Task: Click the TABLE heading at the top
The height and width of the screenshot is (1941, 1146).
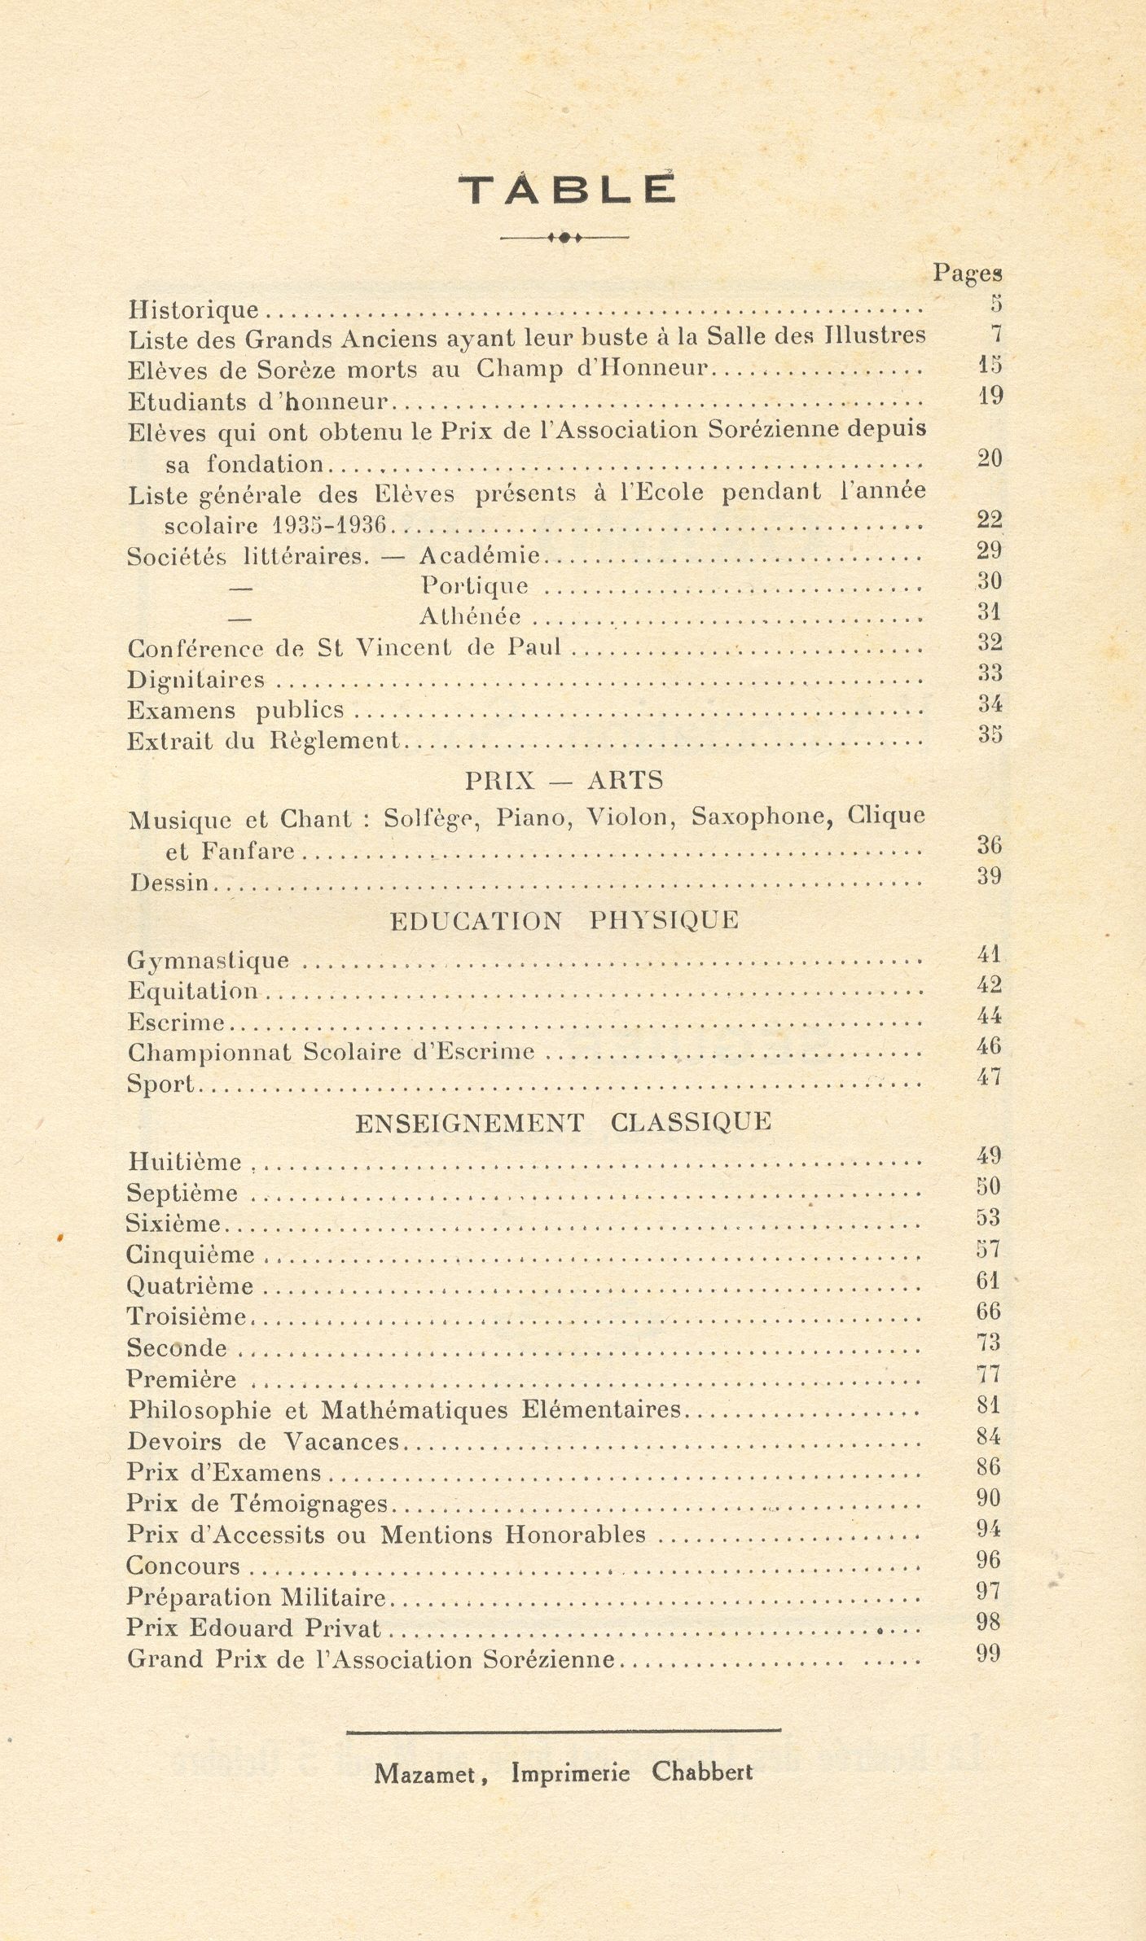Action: click(x=567, y=191)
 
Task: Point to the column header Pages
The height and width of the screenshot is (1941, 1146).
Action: click(x=967, y=274)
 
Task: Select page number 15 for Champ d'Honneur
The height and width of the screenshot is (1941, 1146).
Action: click(x=990, y=365)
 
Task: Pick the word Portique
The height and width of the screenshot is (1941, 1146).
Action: click(x=474, y=586)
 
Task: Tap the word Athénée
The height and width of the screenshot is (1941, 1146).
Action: click(x=470, y=617)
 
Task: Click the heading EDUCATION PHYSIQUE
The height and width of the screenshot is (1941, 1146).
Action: click(x=564, y=921)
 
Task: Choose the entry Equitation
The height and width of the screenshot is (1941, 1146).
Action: click(x=192, y=992)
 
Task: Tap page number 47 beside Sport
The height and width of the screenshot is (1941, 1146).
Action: click(x=989, y=1077)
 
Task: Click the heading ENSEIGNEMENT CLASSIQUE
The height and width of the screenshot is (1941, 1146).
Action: click(x=563, y=1123)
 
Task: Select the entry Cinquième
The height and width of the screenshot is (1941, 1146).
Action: click(x=191, y=1255)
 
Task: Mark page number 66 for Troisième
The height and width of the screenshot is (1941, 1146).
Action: click(x=989, y=1312)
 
